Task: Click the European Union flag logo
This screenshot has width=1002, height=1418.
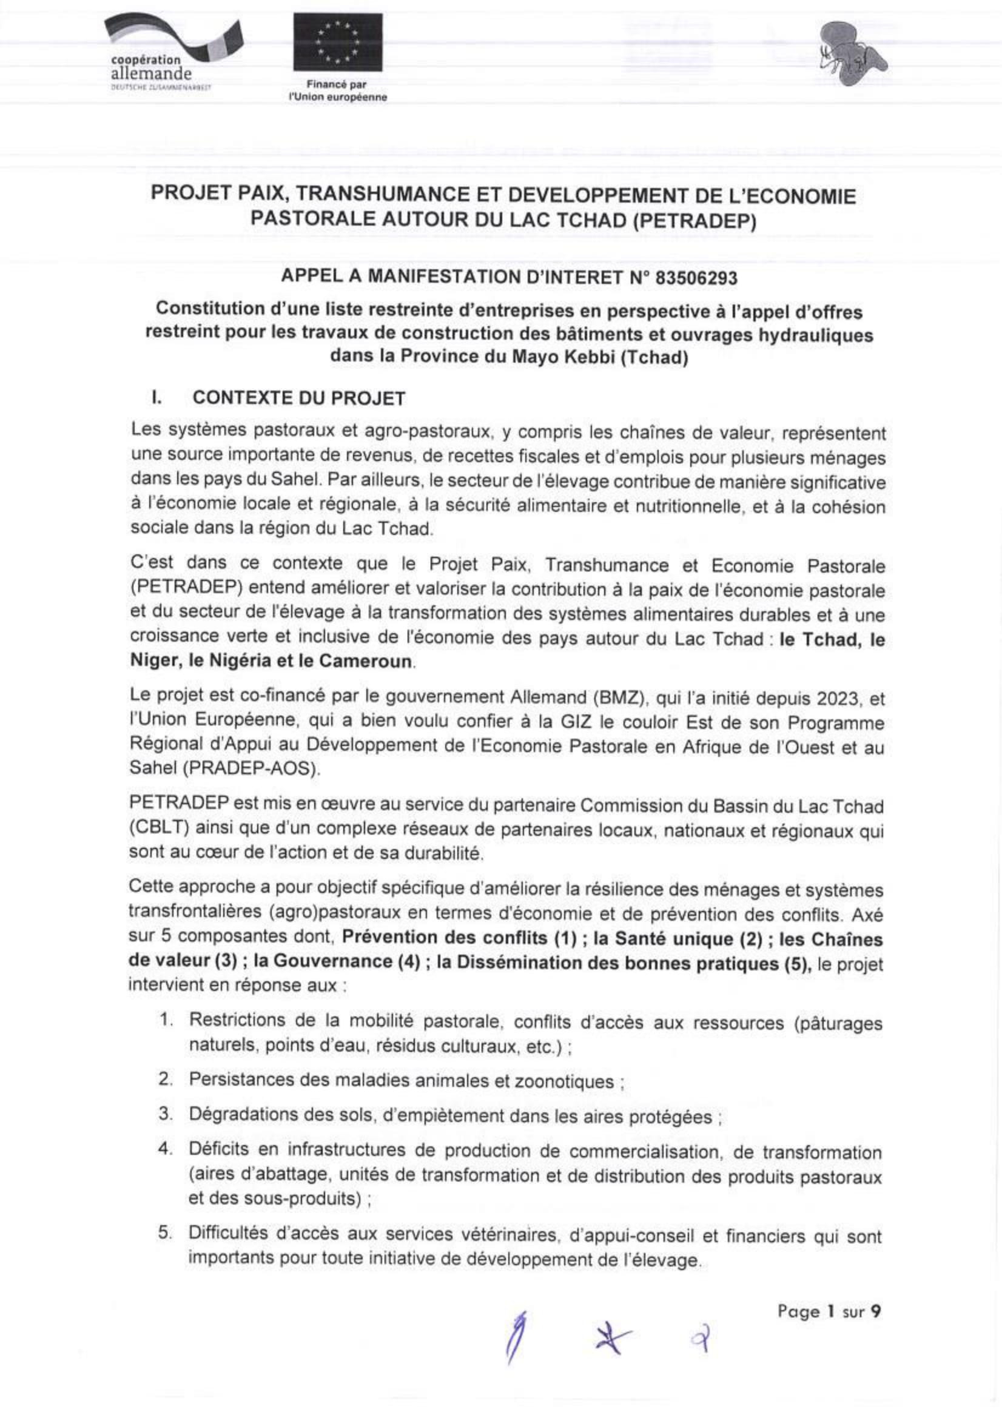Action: [337, 42]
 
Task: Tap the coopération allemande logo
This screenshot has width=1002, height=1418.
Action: [162, 53]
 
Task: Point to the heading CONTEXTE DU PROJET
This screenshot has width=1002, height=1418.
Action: [299, 398]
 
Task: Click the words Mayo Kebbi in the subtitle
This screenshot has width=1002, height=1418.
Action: [563, 357]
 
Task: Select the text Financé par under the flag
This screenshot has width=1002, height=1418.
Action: [337, 86]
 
